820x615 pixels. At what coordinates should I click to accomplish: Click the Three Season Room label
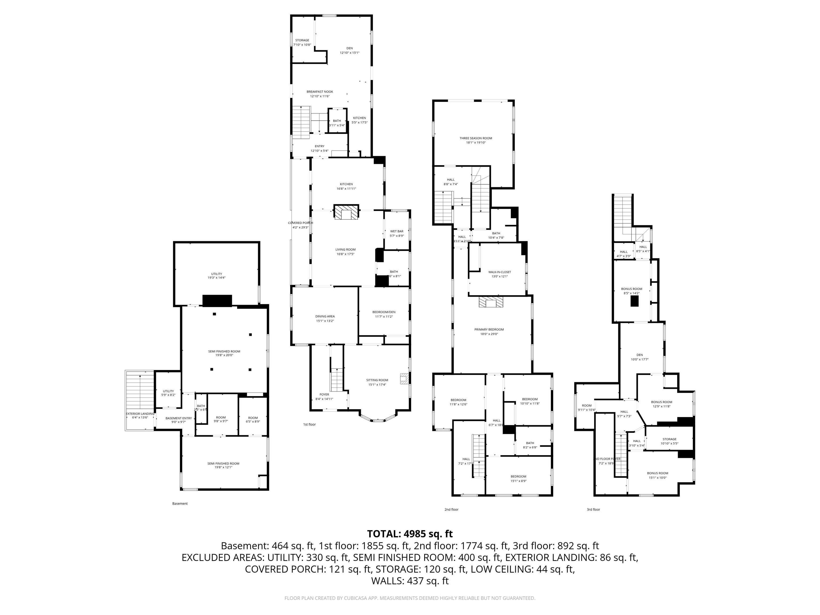pyautogui.click(x=476, y=140)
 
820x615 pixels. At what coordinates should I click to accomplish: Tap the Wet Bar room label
pyautogui.click(x=397, y=233)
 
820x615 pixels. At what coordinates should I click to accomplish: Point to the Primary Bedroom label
pyautogui.click(x=489, y=332)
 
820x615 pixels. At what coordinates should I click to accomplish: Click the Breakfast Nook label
pyautogui.click(x=320, y=94)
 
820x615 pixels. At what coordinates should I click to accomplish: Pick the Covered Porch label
pyautogui.click(x=300, y=225)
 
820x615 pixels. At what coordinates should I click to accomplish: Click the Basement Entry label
pyautogui.click(x=179, y=420)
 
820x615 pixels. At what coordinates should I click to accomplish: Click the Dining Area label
pyautogui.click(x=325, y=318)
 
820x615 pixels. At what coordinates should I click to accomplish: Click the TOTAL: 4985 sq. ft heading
pyautogui.click(x=410, y=534)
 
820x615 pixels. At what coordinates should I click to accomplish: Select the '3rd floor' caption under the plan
pyautogui.click(x=593, y=509)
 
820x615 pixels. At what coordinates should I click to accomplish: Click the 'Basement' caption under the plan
pyautogui.click(x=180, y=503)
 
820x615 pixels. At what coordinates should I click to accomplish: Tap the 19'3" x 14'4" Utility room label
pyautogui.click(x=216, y=275)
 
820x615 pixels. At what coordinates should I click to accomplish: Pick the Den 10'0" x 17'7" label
pyautogui.click(x=640, y=357)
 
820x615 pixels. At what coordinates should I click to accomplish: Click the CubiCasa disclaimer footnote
pyautogui.click(x=410, y=598)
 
